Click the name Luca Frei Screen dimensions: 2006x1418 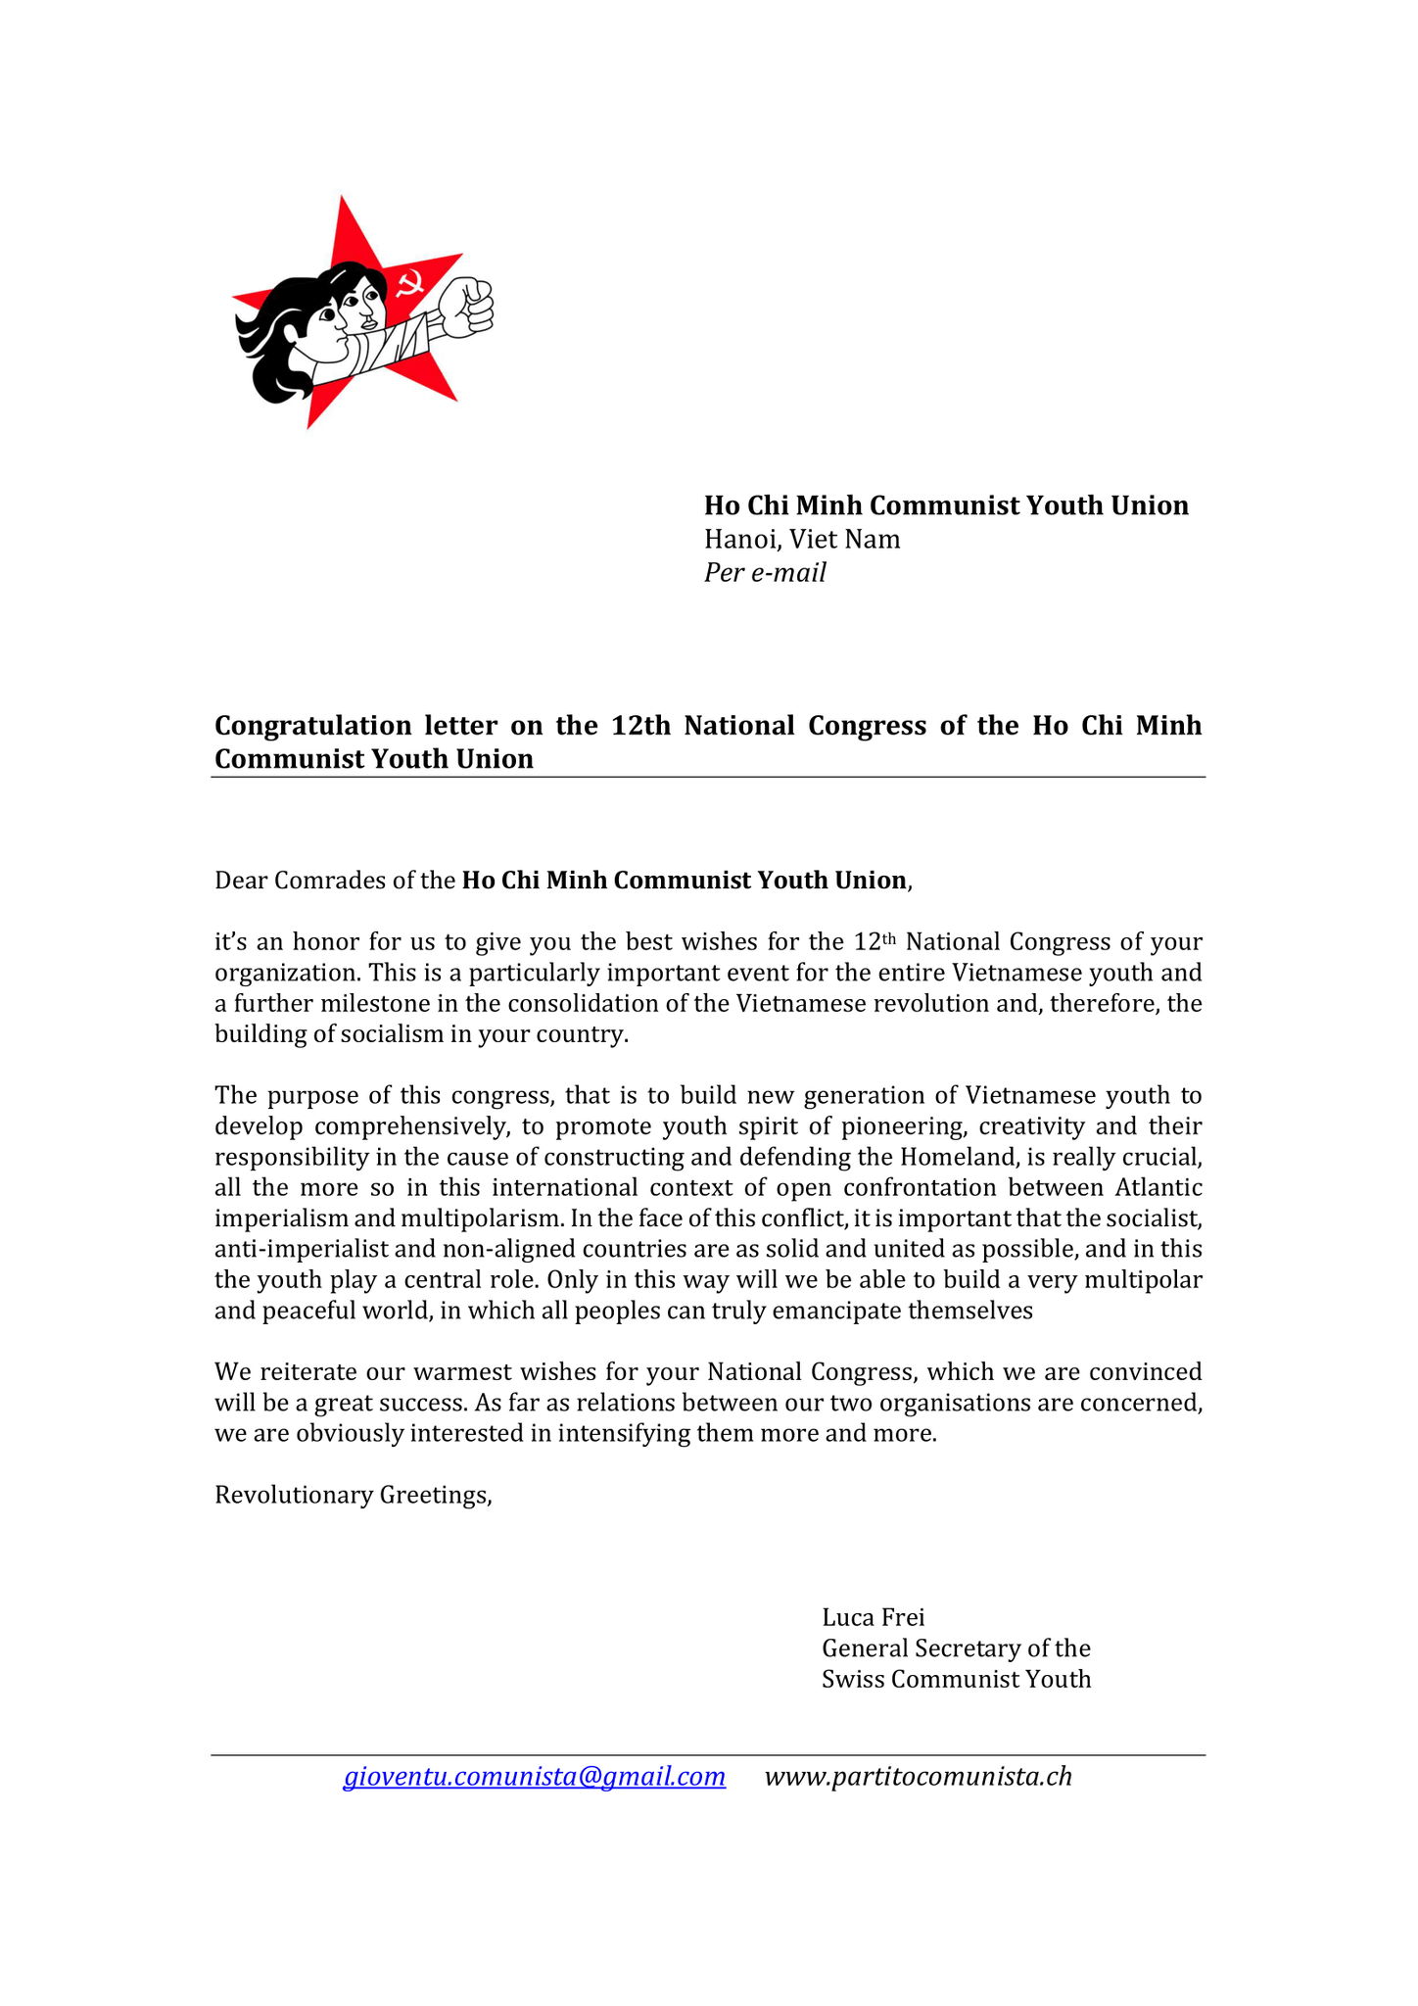coord(873,1616)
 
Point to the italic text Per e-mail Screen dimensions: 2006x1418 coord(765,573)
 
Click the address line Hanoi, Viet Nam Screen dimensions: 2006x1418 coord(802,539)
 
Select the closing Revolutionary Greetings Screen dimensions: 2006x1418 coord(353,1495)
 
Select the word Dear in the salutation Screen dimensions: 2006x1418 coord(241,881)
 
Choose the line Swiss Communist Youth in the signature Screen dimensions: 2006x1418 coord(956,1679)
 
